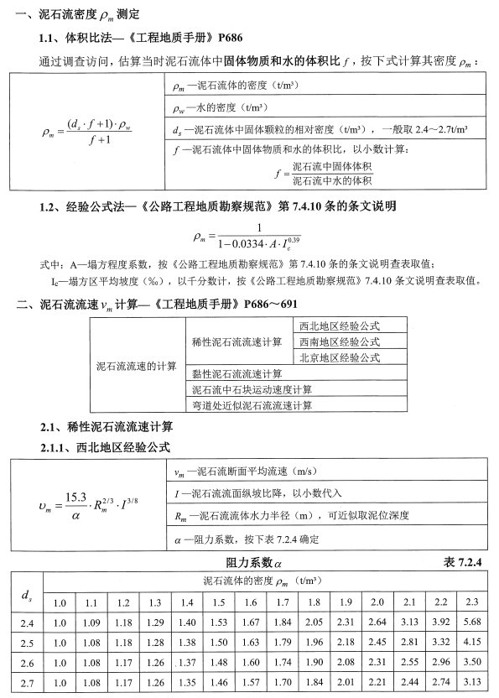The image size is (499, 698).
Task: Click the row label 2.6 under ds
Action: tap(25, 663)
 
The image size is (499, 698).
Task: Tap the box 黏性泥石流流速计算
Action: tap(237, 373)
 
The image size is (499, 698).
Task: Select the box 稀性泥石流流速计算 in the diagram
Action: tap(237, 341)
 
